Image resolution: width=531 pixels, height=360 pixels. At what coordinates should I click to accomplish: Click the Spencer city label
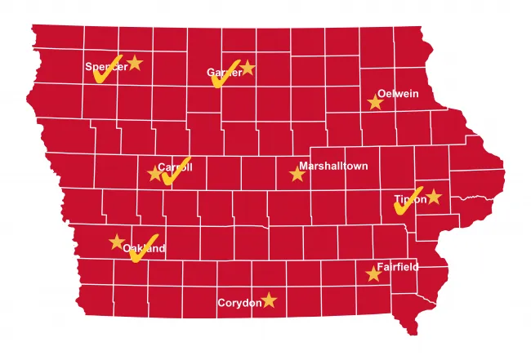tap(106, 67)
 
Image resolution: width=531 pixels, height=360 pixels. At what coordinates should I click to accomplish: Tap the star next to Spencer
tap(135, 63)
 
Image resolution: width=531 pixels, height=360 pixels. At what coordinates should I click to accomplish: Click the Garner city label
tap(225, 73)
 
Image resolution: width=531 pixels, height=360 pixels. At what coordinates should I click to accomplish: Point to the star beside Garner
tap(248, 68)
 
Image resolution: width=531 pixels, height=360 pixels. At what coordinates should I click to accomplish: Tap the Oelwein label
tap(397, 94)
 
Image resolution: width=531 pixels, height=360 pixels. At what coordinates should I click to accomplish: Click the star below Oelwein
tap(375, 103)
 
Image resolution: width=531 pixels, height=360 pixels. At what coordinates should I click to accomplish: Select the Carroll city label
tap(175, 167)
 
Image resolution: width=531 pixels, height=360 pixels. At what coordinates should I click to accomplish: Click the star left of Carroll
tap(154, 173)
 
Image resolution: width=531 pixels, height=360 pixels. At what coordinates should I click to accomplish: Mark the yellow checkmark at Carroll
tap(176, 171)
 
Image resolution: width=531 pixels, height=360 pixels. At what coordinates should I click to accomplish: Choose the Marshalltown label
tap(333, 166)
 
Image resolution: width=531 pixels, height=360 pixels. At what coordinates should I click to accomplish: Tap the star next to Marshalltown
tap(297, 174)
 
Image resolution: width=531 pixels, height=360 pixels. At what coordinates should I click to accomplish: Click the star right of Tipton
tap(433, 197)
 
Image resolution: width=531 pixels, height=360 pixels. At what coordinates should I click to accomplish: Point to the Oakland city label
tap(145, 248)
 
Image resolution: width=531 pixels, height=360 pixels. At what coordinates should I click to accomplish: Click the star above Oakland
tap(117, 242)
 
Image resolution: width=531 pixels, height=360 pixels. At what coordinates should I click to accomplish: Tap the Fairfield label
tap(398, 267)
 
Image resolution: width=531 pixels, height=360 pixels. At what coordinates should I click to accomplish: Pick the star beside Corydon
tap(269, 300)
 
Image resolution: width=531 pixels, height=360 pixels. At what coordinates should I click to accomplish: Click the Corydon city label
tap(239, 303)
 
